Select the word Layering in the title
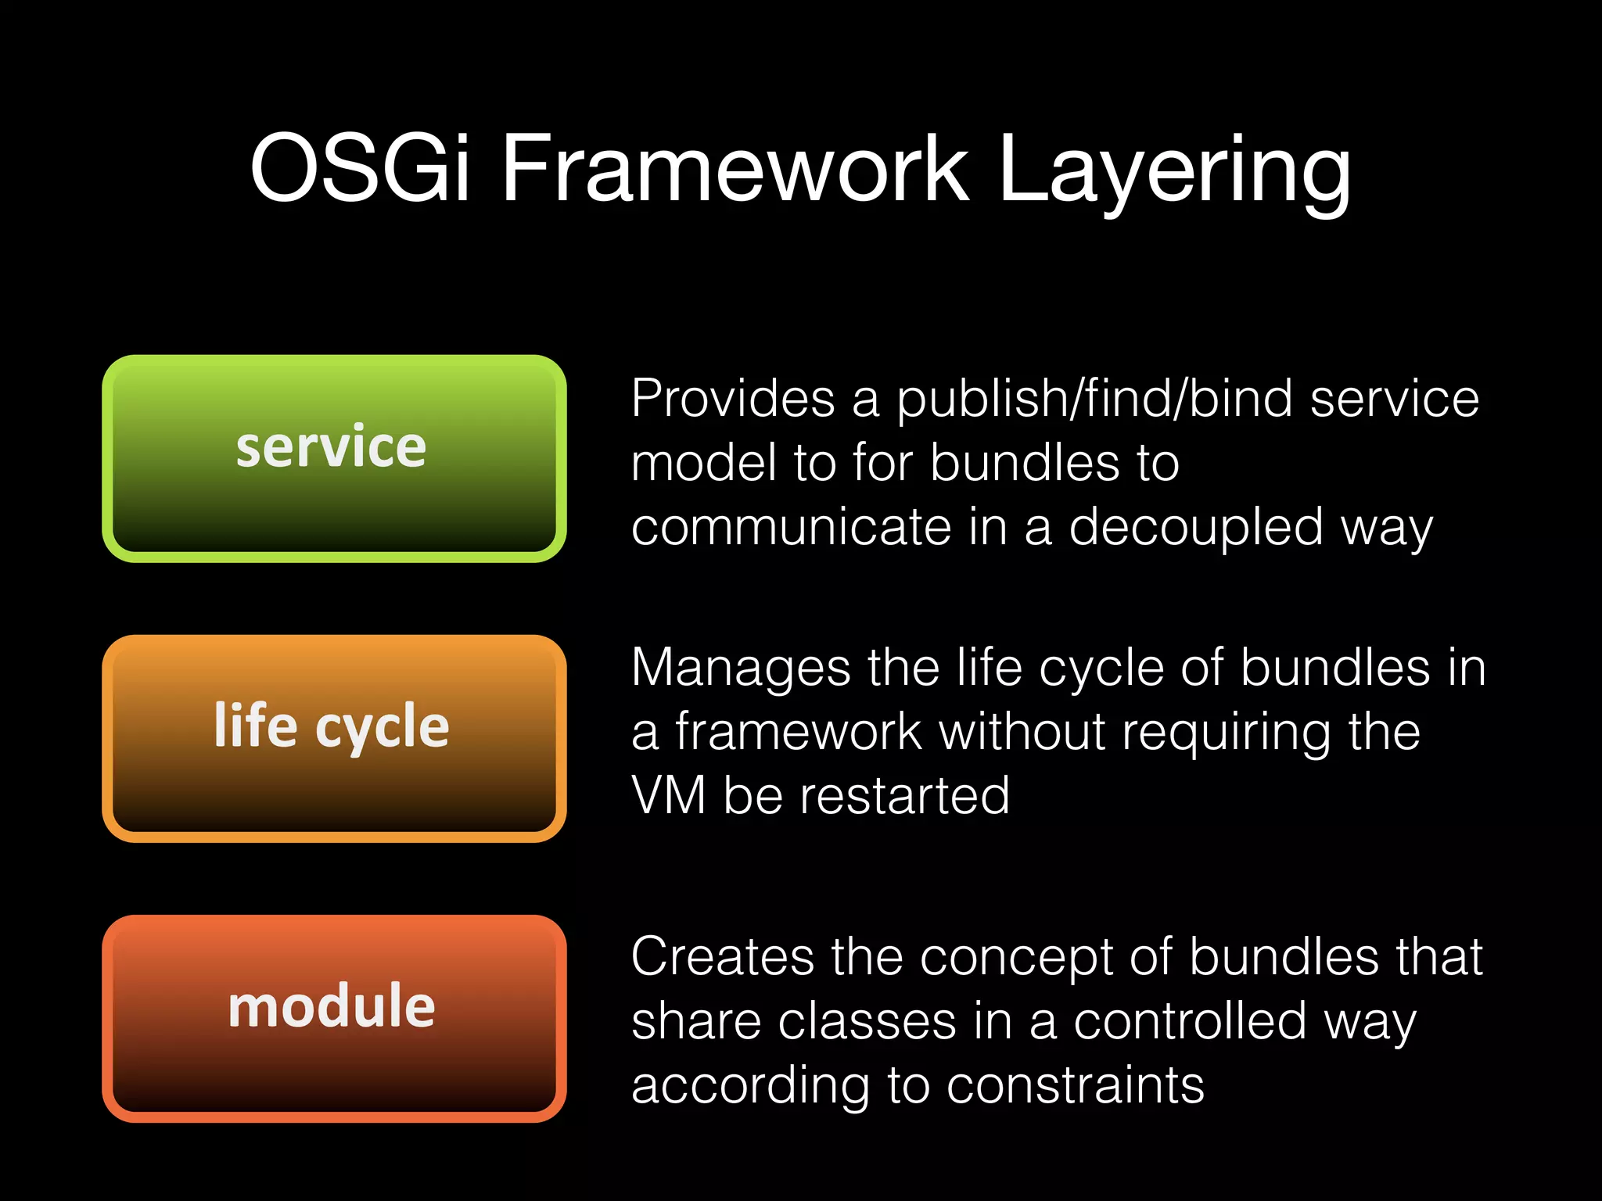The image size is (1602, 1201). coord(1173,172)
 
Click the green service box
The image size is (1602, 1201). coord(334,458)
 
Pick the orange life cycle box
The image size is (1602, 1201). coord(334,738)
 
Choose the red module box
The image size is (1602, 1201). coord(334,1018)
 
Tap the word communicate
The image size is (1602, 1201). coord(791,527)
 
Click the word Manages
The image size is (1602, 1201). coord(740,668)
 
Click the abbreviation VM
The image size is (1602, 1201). coord(668,796)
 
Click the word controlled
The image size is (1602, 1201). coord(1189,1021)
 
